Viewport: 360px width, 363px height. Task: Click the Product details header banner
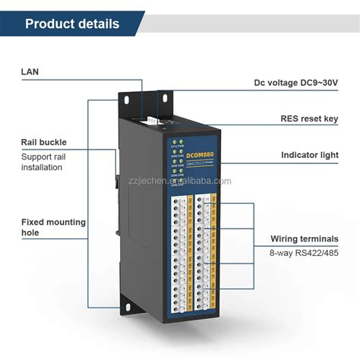click(72, 24)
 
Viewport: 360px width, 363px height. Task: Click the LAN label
click(30, 72)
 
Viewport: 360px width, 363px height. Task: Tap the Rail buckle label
click(43, 141)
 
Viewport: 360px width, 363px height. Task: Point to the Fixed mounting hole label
click(52, 227)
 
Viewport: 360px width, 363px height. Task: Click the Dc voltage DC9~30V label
click(295, 83)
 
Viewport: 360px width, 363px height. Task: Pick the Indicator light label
click(309, 155)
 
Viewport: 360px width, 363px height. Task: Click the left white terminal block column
click(180, 251)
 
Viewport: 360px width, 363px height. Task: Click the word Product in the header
click(49, 24)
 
